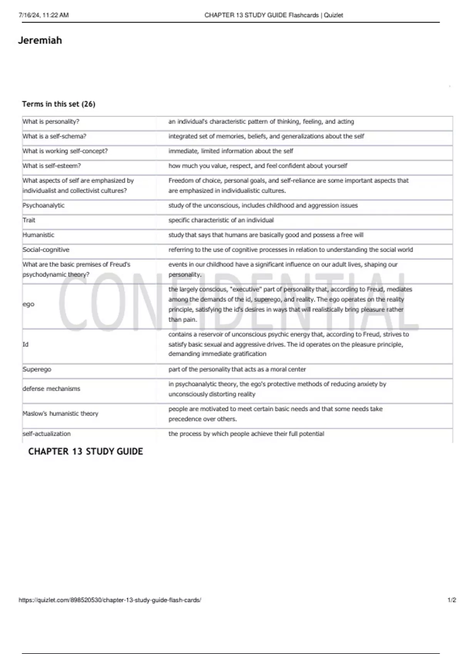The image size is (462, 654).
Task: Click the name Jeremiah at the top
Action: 40,40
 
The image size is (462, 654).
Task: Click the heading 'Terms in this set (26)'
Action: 59,104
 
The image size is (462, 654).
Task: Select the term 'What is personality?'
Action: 51,122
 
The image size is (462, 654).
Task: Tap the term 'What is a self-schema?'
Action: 54,136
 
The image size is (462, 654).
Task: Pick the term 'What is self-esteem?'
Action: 52,166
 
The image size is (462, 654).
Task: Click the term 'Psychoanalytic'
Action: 44,205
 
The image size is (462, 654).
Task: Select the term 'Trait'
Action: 29,220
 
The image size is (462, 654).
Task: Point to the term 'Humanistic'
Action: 38,235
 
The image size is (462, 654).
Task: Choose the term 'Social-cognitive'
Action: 46,250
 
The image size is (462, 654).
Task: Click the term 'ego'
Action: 28,304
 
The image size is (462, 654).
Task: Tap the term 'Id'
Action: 25,344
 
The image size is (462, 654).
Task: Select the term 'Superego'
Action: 37,369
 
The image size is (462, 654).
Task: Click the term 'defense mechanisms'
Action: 51,389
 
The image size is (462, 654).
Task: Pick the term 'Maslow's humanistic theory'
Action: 60,414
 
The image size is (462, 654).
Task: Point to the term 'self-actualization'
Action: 47,434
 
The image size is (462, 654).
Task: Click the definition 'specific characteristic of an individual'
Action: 221,220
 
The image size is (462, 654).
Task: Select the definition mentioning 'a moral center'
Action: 237,369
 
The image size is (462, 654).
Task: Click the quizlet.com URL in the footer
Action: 110,600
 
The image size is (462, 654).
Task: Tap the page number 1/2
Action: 452,600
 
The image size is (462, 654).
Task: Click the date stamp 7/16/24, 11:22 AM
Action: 44,15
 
